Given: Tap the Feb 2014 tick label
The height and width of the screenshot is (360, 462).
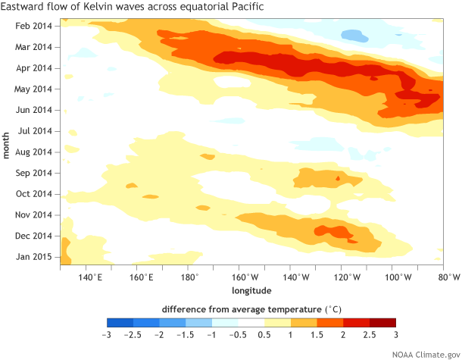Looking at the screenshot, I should pos(34,27).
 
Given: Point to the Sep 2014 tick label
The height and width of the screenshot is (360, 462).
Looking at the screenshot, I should pos(34,173).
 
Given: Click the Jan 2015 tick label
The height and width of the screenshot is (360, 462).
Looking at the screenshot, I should pos(34,256).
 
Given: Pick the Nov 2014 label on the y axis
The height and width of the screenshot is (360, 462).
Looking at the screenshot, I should pos(34,214).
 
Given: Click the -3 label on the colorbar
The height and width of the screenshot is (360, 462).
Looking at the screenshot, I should pos(107,334).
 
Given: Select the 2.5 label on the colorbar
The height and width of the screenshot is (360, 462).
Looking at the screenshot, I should pos(369,334).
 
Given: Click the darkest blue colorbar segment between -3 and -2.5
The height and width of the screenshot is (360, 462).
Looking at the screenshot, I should pos(120,323).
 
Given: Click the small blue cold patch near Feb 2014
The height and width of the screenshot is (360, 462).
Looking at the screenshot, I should pos(354,35).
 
